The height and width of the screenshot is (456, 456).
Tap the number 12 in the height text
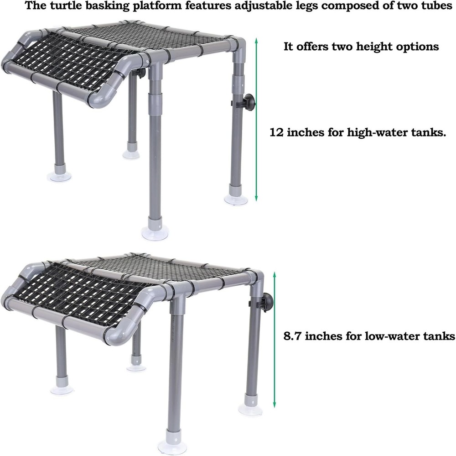click(276, 132)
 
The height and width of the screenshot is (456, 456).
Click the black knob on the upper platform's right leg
click(249, 101)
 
